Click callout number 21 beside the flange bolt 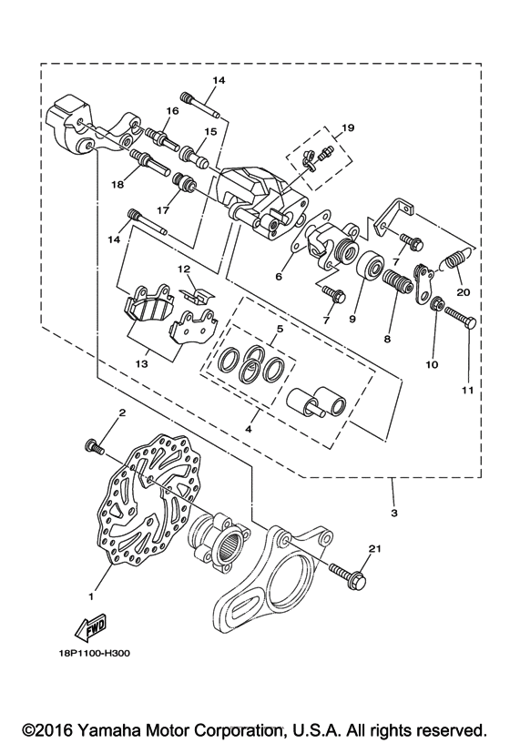[373, 547]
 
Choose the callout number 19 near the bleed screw [346, 127]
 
